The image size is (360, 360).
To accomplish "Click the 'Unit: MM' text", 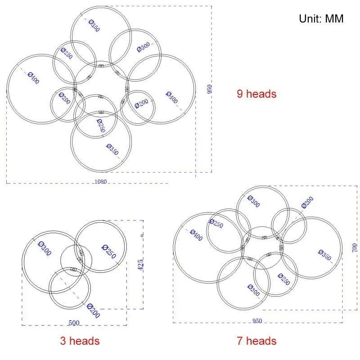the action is (x=321, y=18).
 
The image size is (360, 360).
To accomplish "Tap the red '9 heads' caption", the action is (x=256, y=94).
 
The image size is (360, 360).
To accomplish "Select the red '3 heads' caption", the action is (x=80, y=341).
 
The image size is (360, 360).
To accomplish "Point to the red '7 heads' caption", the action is (x=256, y=341).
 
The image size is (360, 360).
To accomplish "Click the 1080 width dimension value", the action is (x=101, y=182).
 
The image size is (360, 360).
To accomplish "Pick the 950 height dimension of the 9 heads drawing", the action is (x=209, y=89).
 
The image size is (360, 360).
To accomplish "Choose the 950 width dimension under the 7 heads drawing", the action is (x=257, y=321).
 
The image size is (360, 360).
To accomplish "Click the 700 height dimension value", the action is (x=355, y=248).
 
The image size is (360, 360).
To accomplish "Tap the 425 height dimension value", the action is (x=140, y=265).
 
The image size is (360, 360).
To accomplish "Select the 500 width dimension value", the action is (x=74, y=323).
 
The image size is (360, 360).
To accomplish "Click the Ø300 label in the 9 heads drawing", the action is (x=143, y=47).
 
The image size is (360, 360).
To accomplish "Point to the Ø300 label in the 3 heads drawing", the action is (x=45, y=248).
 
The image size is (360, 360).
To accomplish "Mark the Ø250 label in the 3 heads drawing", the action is (x=109, y=252).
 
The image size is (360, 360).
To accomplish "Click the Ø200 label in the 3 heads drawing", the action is (x=94, y=310).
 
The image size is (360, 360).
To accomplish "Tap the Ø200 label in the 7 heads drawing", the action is (x=307, y=202).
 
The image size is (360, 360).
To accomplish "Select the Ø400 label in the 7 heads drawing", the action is (x=196, y=235).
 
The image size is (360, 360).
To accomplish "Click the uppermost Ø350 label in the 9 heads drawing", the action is (x=94, y=26).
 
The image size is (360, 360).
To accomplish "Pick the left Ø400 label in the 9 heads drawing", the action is (x=33, y=78).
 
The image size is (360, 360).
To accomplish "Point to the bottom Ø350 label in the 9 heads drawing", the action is (x=112, y=149).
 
